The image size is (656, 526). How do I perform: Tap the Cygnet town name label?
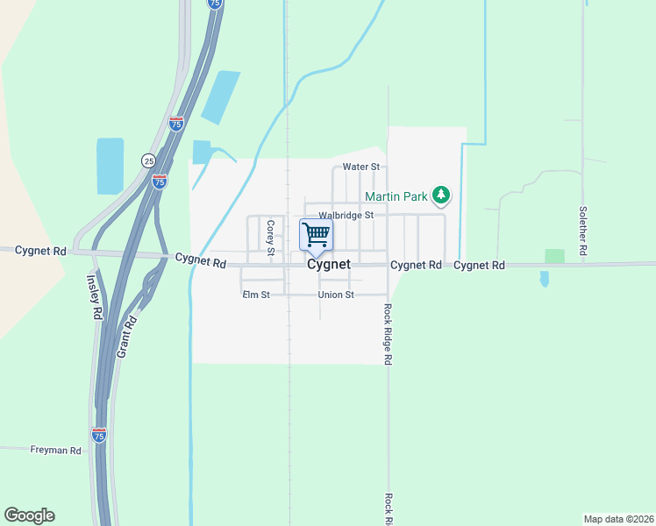[329, 264]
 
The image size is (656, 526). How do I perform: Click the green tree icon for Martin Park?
[444, 195]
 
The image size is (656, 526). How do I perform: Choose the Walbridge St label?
[346, 215]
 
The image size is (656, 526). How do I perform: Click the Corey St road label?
[271, 238]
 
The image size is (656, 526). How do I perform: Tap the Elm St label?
[255, 295]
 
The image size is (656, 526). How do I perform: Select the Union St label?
[336, 295]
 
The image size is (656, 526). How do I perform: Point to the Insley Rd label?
[93, 296]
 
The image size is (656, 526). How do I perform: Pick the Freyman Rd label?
[55, 451]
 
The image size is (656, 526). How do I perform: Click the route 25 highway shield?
[148, 160]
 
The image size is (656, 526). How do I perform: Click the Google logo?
[29, 515]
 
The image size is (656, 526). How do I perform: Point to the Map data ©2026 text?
[618, 518]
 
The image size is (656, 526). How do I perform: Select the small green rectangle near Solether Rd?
[554, 256]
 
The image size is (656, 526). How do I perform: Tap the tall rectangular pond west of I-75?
[111, 166]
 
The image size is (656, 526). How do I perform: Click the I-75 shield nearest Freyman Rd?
[99, 435]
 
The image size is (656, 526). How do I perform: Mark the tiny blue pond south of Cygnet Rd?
[545, 279]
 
